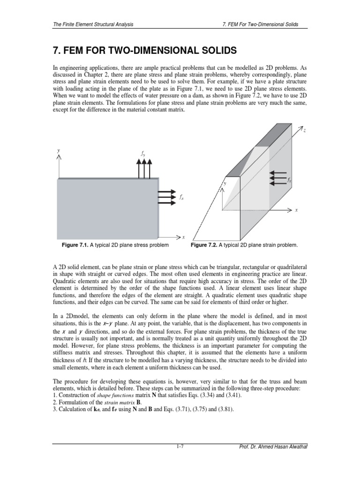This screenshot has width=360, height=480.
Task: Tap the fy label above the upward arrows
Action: [x=143, y=153]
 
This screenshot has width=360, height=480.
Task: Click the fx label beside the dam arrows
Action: [x=290, y=180]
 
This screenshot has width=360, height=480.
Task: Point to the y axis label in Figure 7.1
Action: [x=59, y=150]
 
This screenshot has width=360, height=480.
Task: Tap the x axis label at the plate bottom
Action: [x=183, y=237]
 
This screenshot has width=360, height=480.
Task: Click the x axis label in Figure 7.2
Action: [x=296, y=210]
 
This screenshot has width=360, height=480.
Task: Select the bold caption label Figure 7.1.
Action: [x=76, y=245]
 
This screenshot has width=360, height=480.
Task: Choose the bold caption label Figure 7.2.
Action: [x=205, y=245]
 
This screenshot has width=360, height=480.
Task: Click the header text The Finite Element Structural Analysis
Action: [x=94, y=24]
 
